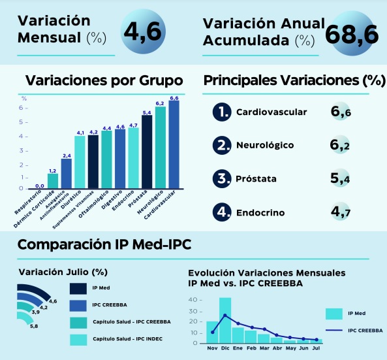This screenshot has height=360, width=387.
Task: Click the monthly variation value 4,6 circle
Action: pos(143,31)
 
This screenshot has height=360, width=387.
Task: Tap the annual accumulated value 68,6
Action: pos(352,35)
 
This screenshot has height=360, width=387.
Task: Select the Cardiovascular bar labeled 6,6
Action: pos(174,144)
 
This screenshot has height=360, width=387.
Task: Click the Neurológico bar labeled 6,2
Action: pos(161,148)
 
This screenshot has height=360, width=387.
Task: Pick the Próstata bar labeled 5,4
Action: pos(147,152)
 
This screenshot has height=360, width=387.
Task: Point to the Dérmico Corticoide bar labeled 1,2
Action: pos(53,181)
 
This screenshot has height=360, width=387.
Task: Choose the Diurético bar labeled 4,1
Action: pos(80,162)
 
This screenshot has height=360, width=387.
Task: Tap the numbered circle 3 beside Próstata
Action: pos(222,178)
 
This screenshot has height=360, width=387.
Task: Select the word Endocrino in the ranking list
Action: pos(260,213)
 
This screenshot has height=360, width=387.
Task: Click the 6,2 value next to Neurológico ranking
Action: pos(339,145)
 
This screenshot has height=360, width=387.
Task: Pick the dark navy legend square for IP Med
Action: pos(78,289)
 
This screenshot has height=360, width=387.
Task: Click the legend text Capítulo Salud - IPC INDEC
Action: pos(128,338)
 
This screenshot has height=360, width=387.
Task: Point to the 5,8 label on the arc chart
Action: pos(34,326)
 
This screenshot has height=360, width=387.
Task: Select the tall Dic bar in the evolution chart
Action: pos(225,320)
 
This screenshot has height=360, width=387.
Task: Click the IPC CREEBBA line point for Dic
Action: pos(225,316)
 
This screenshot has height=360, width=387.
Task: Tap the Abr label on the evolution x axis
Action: pos(277,348)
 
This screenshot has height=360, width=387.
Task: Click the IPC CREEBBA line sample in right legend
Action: pos(334,330)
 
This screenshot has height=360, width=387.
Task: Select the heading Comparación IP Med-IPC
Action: pos(104,244)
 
